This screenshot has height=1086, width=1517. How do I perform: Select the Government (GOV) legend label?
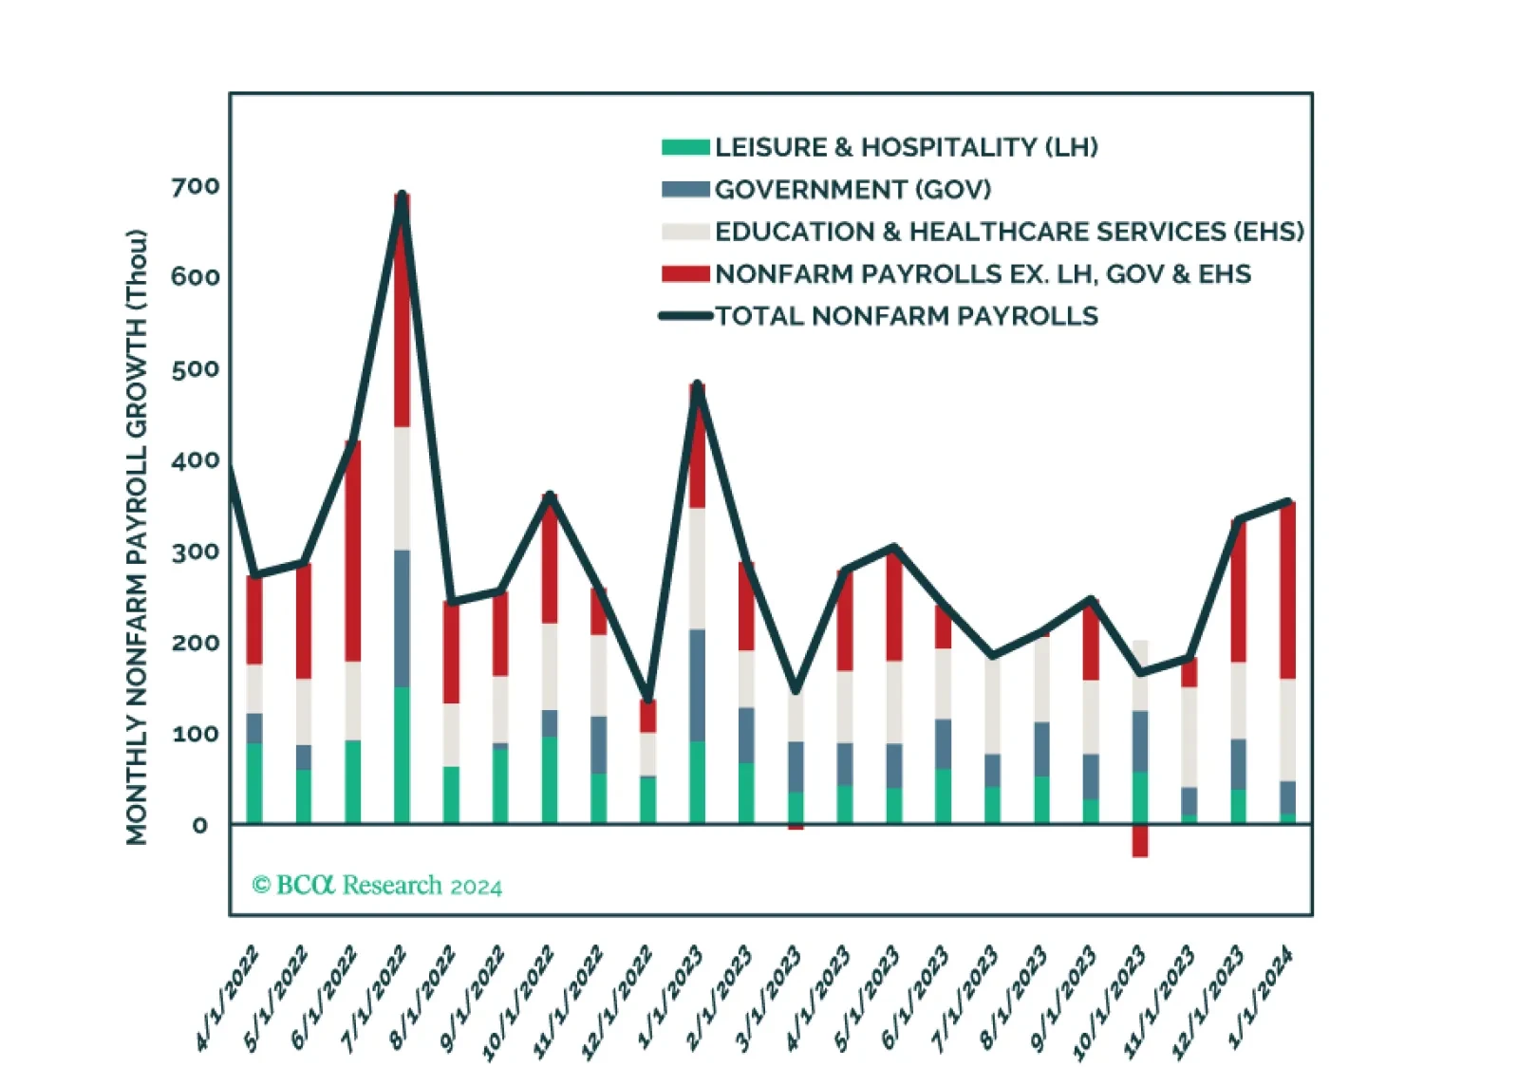click(x=852, y=190)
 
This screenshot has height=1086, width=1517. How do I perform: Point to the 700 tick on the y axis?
click(x=196, y=186)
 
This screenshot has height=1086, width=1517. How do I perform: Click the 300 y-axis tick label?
click(x=196, y=552)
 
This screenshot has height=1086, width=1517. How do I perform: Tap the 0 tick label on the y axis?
click(x=200, y=825)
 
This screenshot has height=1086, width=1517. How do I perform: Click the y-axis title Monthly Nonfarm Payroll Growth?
click(x=138, y=536)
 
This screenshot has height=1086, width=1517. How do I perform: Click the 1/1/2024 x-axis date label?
click(x=1262, y=997)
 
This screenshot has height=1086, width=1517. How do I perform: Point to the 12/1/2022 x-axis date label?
click(x=619, y=1002)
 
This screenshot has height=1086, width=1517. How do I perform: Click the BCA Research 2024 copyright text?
click(x=377, y=886)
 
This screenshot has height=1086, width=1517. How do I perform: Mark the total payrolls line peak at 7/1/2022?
click(x=403, y=196)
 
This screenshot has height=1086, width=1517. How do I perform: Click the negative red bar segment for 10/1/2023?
click(x=1140, y=841)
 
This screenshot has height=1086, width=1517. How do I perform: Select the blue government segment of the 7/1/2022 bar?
click(x=403, y=618)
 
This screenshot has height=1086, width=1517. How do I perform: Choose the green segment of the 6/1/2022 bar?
click(x=353, y=781)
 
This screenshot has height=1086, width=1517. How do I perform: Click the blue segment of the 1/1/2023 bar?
click(x=698, y=684)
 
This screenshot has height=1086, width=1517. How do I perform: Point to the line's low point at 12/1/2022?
click(x=648, y=700)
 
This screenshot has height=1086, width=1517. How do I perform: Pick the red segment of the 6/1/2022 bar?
click(x=353, y=552)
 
